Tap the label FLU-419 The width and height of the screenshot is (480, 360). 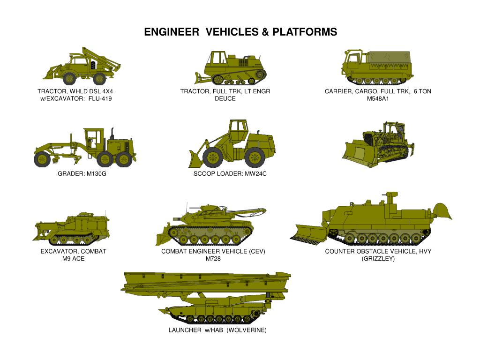pyautogui.click(x=100, y=98)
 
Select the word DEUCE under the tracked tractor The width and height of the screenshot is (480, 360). pyautogui.click(x=225, y=98)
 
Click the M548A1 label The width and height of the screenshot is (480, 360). pyautogui.click(x=378, y=98)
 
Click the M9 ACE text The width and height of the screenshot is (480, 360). pyautogui.click(x=74, y=259)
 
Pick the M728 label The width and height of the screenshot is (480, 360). pyautogui.click(x=213, y=259)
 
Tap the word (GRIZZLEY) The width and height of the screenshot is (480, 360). pyautogui.click(x=378, y=259)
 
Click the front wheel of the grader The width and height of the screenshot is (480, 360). pyautogui.click(x=42, y=159)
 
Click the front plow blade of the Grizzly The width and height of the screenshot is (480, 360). pyautogui.click(x=309, y=232)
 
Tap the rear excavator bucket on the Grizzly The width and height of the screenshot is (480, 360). pyautogui.click(x=442, y=211)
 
